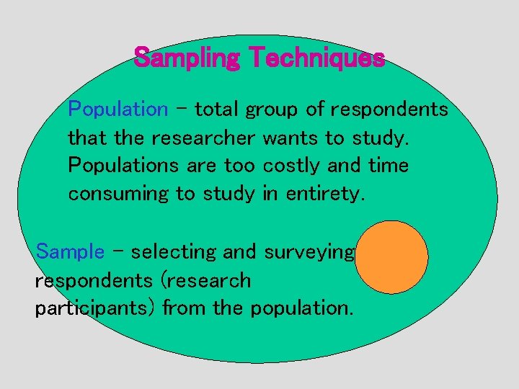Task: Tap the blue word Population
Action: [117, 109]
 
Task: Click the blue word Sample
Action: [70, 252]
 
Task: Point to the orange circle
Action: [392, 257]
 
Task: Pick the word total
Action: [218, 109]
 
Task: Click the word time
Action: [388, 166]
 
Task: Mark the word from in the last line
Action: [185, 308]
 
